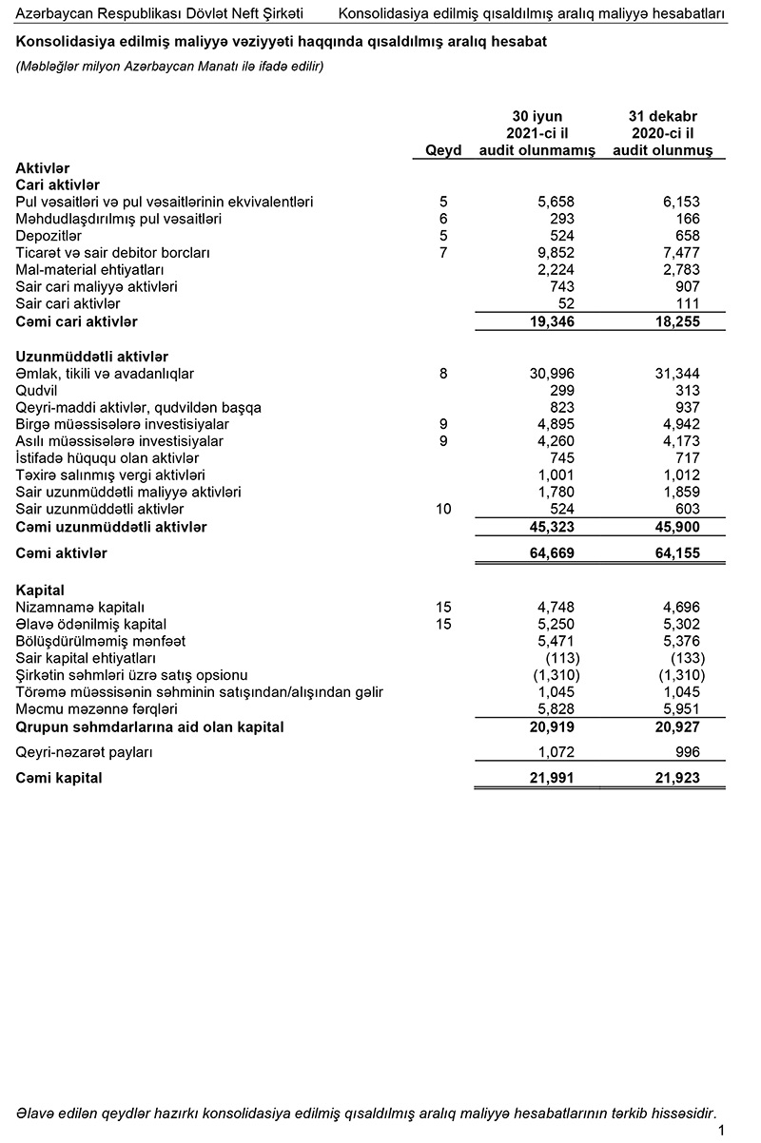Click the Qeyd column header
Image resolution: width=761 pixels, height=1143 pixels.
point(443,150)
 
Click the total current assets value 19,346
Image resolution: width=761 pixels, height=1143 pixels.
point(552,321)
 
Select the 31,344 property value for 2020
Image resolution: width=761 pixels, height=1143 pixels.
point(678,374)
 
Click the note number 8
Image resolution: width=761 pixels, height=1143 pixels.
point(443,374)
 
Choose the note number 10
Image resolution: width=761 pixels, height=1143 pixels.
point(443,510)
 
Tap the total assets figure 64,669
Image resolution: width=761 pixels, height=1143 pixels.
point(552,553)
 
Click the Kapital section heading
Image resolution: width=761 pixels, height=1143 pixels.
point(41,591)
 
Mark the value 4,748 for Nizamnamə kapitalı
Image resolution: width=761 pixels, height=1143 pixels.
point(556,607)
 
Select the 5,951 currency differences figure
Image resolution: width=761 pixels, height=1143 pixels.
point(681,709)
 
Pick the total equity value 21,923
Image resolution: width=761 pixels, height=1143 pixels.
point(677,778)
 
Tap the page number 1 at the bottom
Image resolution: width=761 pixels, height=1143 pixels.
point(722,1130)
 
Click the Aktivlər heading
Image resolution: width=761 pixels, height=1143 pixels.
point(43,167)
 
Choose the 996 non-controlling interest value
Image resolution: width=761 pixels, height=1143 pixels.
point(687,751)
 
